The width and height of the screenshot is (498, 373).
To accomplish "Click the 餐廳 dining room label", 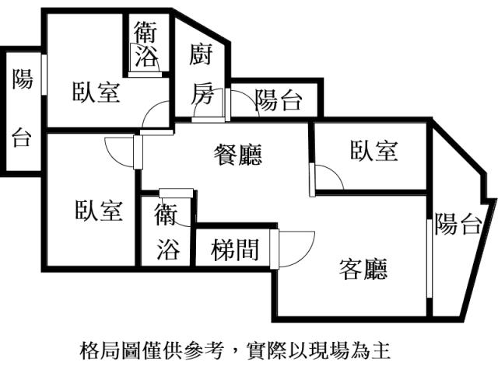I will click(x=238, y=155).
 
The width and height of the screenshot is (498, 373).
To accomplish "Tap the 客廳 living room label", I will click(x=364, y=269).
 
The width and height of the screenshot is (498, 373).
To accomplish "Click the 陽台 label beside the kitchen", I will click(x=278, y=99).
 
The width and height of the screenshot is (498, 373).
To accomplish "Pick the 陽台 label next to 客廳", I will click(x=457, y=225).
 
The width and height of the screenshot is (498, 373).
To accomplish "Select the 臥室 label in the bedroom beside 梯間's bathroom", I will click(x=99, y=210).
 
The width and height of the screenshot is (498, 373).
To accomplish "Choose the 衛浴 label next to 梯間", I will click(x=167, y=230).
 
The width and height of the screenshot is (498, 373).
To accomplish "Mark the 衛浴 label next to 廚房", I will click(x=146, y=44).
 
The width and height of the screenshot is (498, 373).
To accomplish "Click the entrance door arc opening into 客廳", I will click(x=296, y=246).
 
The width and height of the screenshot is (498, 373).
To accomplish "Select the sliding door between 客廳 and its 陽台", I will click(x=429, y=256).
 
